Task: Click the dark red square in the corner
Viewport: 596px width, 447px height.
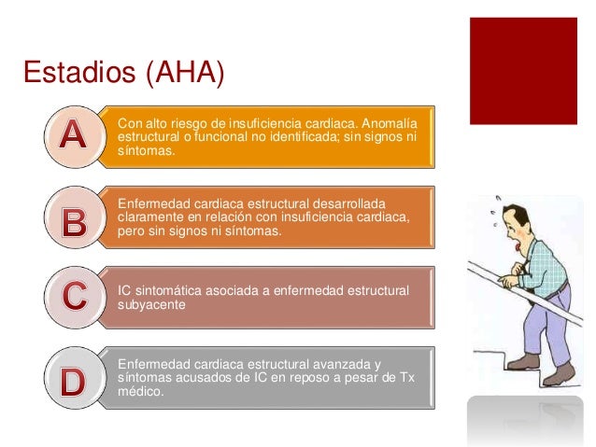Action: [x=522, y=71]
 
